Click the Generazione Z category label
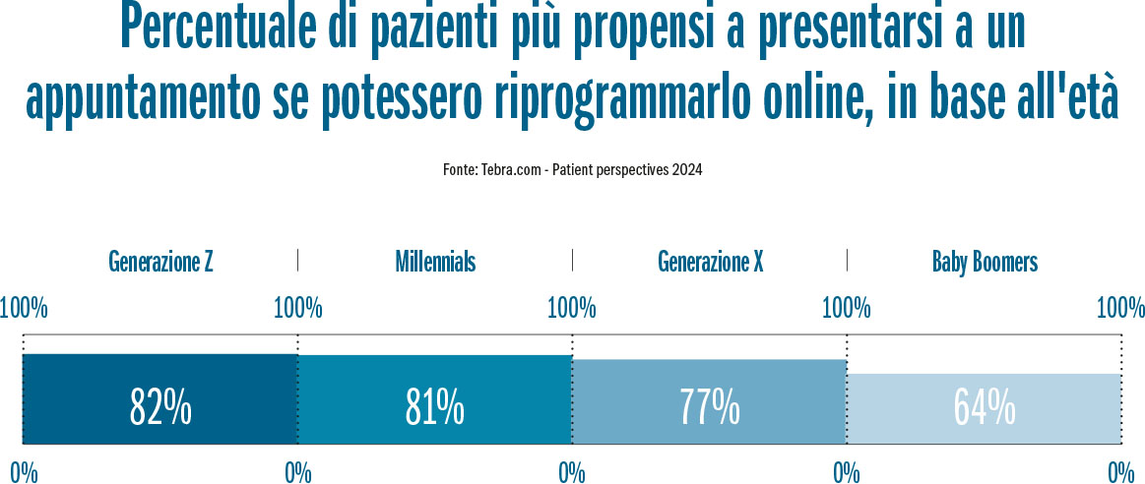(x=160, y=262)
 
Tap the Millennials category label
(x=435, y=262)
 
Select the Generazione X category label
(x=710, y=262)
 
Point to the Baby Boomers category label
(x=985, y=262)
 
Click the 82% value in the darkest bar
(x=160, y=405)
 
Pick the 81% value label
(x=435, y=405)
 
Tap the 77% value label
(x=710, y=405)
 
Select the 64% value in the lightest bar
(x=985, y=405)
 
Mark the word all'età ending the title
(x=1069, y=98)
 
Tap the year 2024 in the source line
(x=687, y=170)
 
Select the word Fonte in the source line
(x=460, y=170)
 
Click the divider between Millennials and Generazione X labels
(x=572, y=261)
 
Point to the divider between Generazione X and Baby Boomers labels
(x=847, y=261)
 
